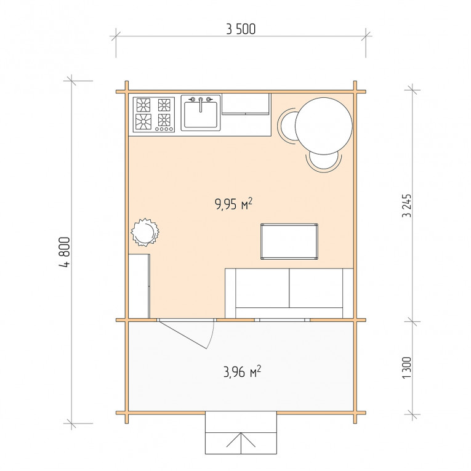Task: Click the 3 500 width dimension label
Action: pos(241,29)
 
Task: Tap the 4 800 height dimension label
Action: pos(65,252)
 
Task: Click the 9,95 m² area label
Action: pos(234,204)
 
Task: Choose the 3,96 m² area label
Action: pos(242,372)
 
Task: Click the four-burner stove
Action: pos(154,115)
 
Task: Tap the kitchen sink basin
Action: pos(201,115)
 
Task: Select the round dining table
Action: pos(323,126)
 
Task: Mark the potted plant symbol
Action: pos(145,232)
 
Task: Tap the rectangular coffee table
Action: pos(289,241)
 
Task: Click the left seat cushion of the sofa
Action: pos(262,288)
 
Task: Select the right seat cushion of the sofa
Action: pos(316,288)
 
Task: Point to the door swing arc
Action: pos(211,336)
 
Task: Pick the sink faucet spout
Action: pos(201,106)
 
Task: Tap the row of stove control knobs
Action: pos(164,129)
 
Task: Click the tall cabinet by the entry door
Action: pos(139,286)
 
